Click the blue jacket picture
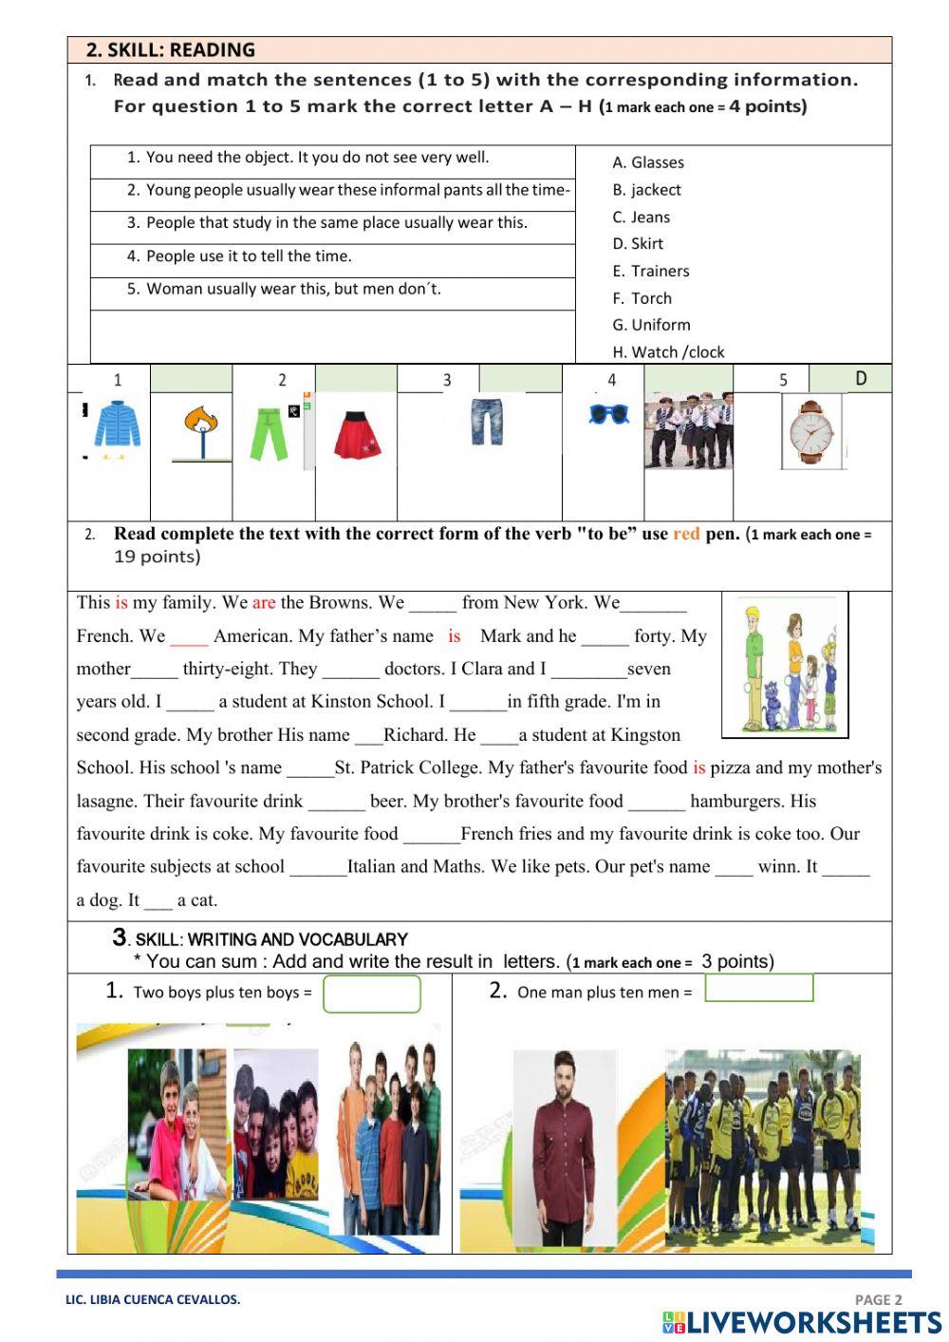117,425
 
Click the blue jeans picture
487,422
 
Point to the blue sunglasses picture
608,414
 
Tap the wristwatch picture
810,431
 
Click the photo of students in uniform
688,430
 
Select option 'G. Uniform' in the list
651,325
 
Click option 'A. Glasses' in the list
647,162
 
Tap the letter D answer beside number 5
860,379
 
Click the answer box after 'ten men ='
759,989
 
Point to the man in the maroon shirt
566,1146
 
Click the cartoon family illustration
785,665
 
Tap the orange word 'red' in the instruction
686,534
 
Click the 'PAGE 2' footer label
878,1299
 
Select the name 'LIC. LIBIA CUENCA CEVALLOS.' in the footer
153,1299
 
